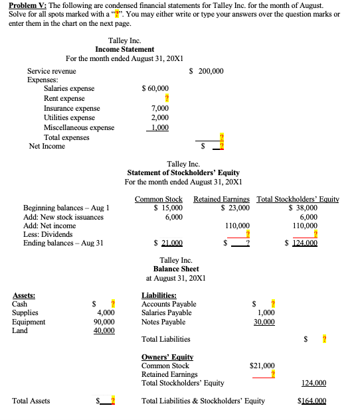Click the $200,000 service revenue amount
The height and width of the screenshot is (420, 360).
tap(207, 71)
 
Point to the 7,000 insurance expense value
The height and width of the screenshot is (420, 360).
tap(160, 108)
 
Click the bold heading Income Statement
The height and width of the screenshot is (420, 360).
tap(125, 49)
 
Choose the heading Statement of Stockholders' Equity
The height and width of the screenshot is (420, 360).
tap(183, 173)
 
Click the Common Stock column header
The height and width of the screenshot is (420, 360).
tap(159, 198)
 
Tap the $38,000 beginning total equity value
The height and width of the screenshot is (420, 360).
tap(305, 208)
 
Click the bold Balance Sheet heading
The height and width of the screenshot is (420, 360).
tap(176, 269)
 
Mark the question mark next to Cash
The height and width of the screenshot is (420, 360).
tap(113, 304)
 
